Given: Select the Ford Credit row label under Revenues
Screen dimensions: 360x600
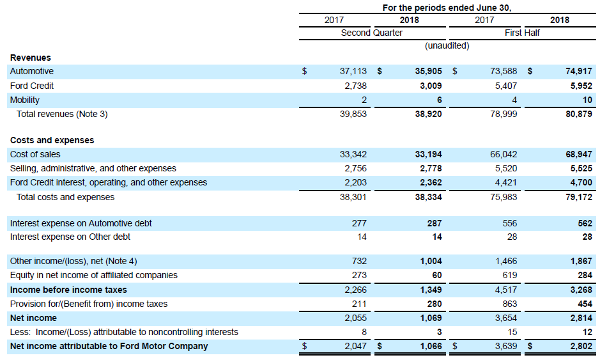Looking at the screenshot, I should [32, 86].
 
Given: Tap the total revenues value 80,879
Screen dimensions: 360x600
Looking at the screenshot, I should [579, 114].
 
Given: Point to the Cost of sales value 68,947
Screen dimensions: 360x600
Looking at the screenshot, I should [579, 154].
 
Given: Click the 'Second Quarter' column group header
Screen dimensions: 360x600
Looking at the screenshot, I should [371, 33].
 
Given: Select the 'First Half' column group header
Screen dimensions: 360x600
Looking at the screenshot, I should [522, 33].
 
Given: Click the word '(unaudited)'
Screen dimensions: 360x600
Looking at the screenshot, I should [447, 46].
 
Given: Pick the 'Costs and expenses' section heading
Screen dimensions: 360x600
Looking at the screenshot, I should [52, 140].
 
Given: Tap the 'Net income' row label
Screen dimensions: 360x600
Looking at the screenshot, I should [33, 318].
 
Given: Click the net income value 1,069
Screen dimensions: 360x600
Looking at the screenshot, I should [429, 318].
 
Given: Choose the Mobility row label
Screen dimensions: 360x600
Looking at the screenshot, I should [25, 100].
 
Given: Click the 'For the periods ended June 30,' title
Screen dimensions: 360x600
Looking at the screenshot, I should [447, 8].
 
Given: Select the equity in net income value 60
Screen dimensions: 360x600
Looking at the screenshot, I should [436, 275].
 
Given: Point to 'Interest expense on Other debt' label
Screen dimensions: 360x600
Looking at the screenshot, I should [70, 237].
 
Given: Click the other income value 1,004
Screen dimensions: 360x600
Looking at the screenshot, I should [429, 261].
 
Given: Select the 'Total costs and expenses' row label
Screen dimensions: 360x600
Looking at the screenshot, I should [65, 197].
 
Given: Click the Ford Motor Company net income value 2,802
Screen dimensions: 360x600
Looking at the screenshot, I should [579, 346].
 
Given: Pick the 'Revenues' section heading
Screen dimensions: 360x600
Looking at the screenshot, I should [30, 58].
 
